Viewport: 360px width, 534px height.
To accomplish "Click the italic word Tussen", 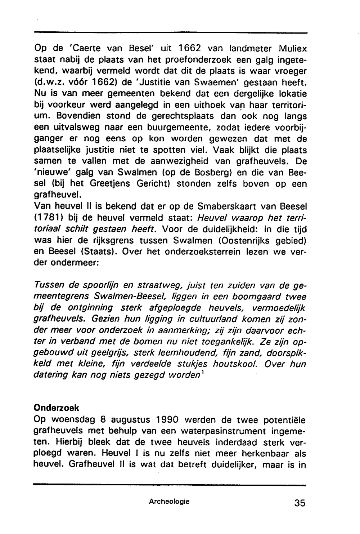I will point(49,286).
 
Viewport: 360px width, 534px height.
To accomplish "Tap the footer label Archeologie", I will point(169,501).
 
